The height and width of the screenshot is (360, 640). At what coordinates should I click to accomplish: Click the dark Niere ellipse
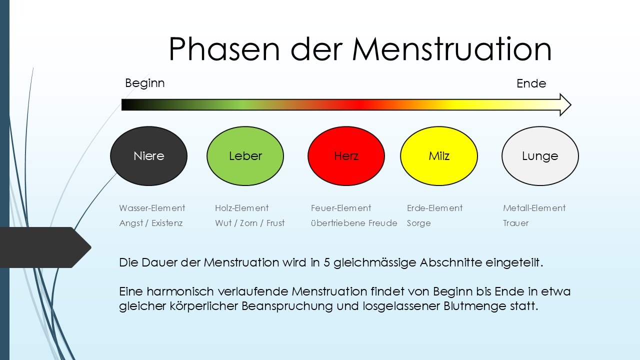coord(149,156)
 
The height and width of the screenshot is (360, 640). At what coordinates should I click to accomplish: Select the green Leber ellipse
coord(245,156)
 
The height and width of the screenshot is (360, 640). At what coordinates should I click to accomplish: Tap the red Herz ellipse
coord(346,156)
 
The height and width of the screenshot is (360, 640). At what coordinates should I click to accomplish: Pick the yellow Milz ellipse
coord(439,156)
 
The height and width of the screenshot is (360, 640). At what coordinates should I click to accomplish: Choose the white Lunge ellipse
coord(540,156)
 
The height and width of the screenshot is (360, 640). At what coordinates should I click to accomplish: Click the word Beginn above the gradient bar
coord(145,83)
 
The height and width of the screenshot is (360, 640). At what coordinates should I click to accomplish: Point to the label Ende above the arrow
coord(531,83)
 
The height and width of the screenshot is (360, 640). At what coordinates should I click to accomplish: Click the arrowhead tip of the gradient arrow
coord(571,105)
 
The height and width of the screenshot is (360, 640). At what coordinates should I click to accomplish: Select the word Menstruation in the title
coord(451,49)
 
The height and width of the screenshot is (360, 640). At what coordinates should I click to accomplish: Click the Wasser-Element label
coord(152,208)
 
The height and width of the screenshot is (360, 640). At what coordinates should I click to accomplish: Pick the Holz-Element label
coord(241,208)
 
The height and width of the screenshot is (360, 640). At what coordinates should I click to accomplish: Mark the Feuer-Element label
coord(341,208)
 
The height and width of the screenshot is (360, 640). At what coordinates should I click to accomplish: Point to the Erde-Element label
coord(434,208)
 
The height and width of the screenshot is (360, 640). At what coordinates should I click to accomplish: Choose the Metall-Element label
coord(534,208)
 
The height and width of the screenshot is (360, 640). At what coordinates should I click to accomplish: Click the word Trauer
coord(515,223)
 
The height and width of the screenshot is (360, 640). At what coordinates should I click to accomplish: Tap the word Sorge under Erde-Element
coord(418,223)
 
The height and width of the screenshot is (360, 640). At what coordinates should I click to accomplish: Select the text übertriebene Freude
coord(354,223)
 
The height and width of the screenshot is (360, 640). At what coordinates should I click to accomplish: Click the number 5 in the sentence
coord(326,262)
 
